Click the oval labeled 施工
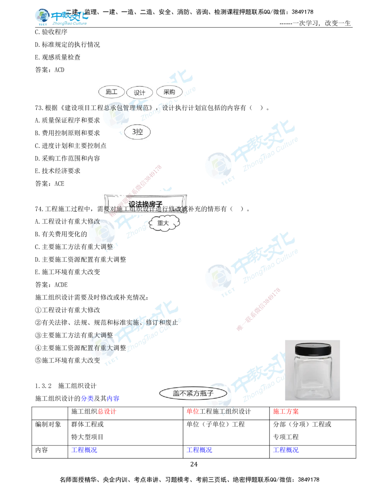tap(111, 92)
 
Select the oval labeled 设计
tap(139, 93)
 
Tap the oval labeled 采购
tap(169, 92)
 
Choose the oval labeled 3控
tap(137, 132)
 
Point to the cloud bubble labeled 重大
tap(163, 223)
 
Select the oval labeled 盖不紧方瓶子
tap(193, 393)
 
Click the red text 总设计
tap(107, 412)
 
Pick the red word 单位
tap(193, 412)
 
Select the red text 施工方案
tap(286, 412)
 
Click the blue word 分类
tap(87, 398)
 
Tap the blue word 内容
tap(113, 398)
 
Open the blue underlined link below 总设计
tap(84, 450)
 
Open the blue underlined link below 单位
tap(199, 450)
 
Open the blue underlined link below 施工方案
tap(286, 450)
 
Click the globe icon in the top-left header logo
tap(41, 16)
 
